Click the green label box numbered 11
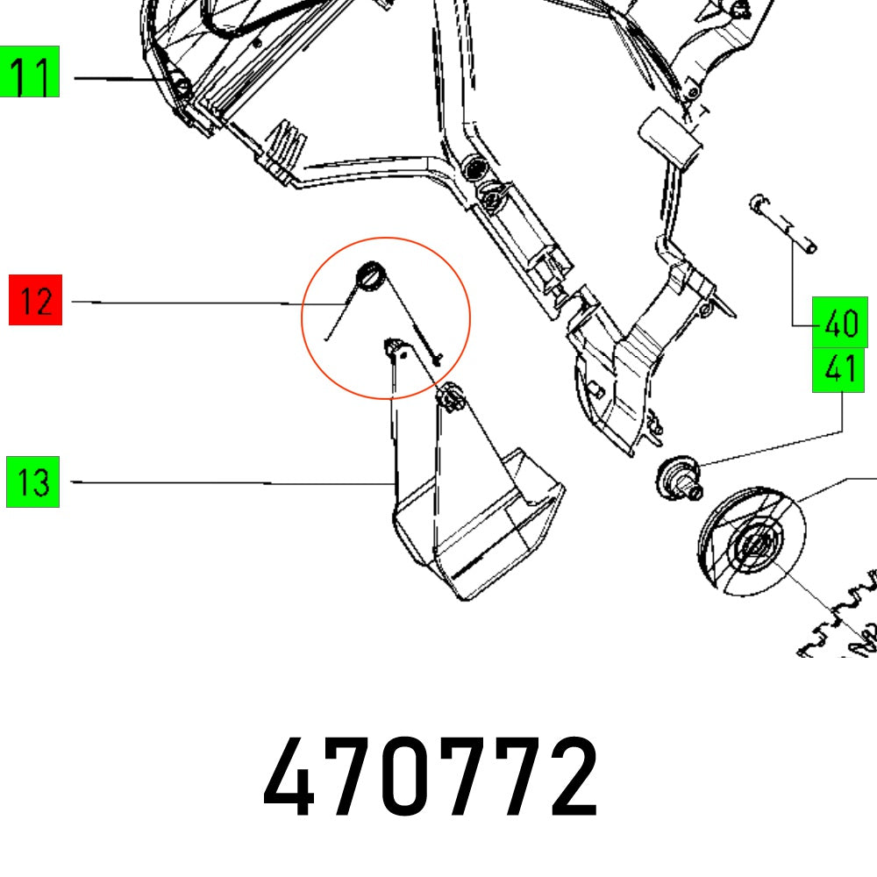(x=30, y=71)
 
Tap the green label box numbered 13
(x=32, y=481)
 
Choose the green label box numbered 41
(x=839, y=370)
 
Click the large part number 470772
(x=431, y=777)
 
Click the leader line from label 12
(x=184, y=303)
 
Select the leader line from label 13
(x=228, y=482)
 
